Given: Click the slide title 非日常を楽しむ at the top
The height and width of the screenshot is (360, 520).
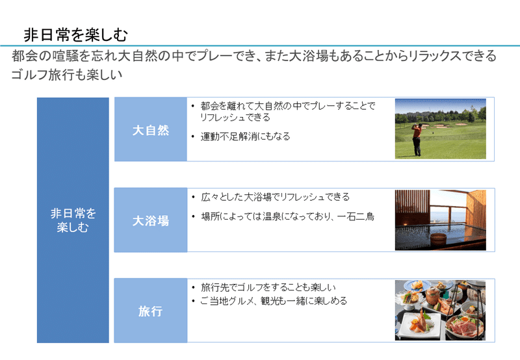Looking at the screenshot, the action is tap(75, 35).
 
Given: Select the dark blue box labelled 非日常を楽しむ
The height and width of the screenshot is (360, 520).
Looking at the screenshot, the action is tap(73, 220).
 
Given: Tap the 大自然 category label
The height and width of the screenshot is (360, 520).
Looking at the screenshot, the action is tap(151, 129).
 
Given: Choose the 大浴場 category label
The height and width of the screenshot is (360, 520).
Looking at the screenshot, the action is tap(151, 220).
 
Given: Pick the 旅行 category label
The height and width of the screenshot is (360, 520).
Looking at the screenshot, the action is tap(151, 311).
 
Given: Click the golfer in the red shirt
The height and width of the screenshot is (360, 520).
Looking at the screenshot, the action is tap(417, 139).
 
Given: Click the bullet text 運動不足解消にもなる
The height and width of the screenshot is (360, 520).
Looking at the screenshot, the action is tap(246, 136).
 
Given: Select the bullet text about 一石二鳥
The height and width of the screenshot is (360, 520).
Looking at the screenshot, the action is tap(287, 217).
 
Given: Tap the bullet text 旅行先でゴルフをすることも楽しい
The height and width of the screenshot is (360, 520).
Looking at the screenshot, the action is tap(268, 287).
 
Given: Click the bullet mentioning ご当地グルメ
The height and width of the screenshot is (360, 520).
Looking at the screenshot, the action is tap(274, 301).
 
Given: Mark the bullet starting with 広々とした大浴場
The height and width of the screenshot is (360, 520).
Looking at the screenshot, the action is tap(275, 197).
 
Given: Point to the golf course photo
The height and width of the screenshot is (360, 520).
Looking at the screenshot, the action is tap(441, 129).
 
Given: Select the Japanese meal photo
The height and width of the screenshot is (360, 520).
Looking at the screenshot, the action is tap(440, 310).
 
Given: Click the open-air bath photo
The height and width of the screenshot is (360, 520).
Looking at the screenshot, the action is tap(441, 220).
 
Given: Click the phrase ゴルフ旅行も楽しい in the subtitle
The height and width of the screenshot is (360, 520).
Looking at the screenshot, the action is tap(67, 75).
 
